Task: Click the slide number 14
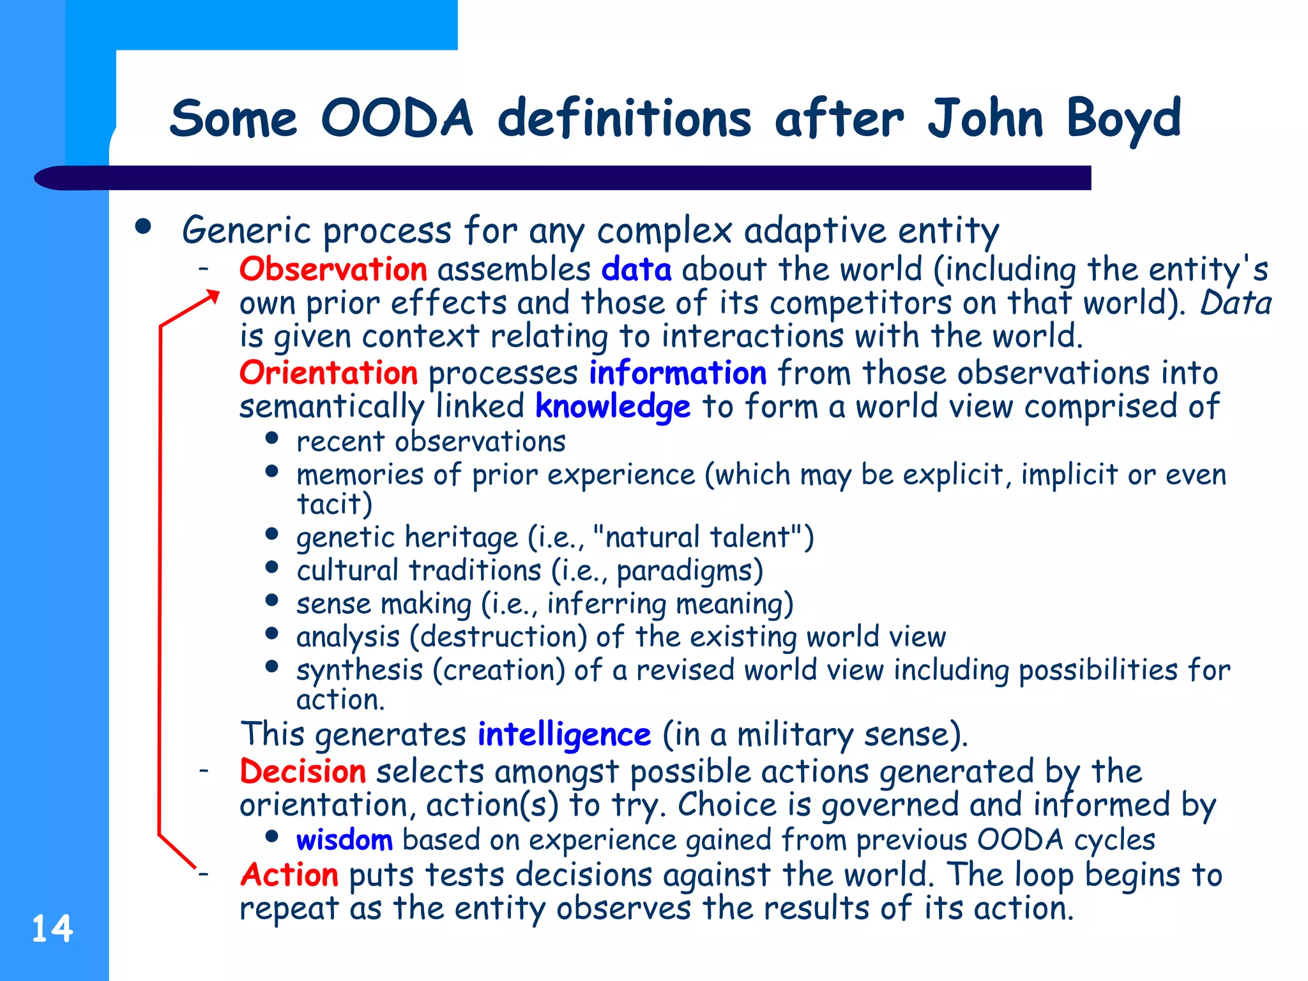point(52,928)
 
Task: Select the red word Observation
point(333,269)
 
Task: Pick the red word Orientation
point(328,372)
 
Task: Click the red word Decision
point(303,771)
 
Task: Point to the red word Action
point(289,874)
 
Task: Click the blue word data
point(636,269)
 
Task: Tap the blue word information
point(677,372)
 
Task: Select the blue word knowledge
point(612,407)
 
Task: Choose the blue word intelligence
point(564,734)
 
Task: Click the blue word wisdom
point(344,839)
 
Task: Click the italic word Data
point(1236,303)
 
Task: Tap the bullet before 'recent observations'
point(272,438)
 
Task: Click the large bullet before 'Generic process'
point(143,226)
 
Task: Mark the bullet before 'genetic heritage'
point(272,534)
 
